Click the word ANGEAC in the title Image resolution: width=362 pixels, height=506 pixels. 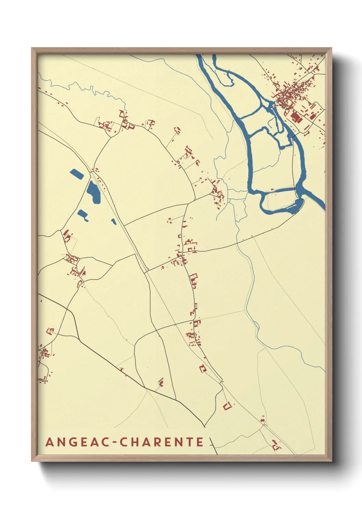click(x=77, y=442)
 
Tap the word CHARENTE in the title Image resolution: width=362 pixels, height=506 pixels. click(x=161, y=442)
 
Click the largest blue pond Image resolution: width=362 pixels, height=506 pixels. click(x=93, y=192)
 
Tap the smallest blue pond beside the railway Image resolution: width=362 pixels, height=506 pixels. click(x=114, y=222)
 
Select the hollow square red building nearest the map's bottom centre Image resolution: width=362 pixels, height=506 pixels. click(x=227, y=406)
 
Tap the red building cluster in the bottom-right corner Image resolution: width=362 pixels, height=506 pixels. click(x=275, y=445)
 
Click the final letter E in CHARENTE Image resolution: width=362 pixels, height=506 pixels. click(x=200, y=442)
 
